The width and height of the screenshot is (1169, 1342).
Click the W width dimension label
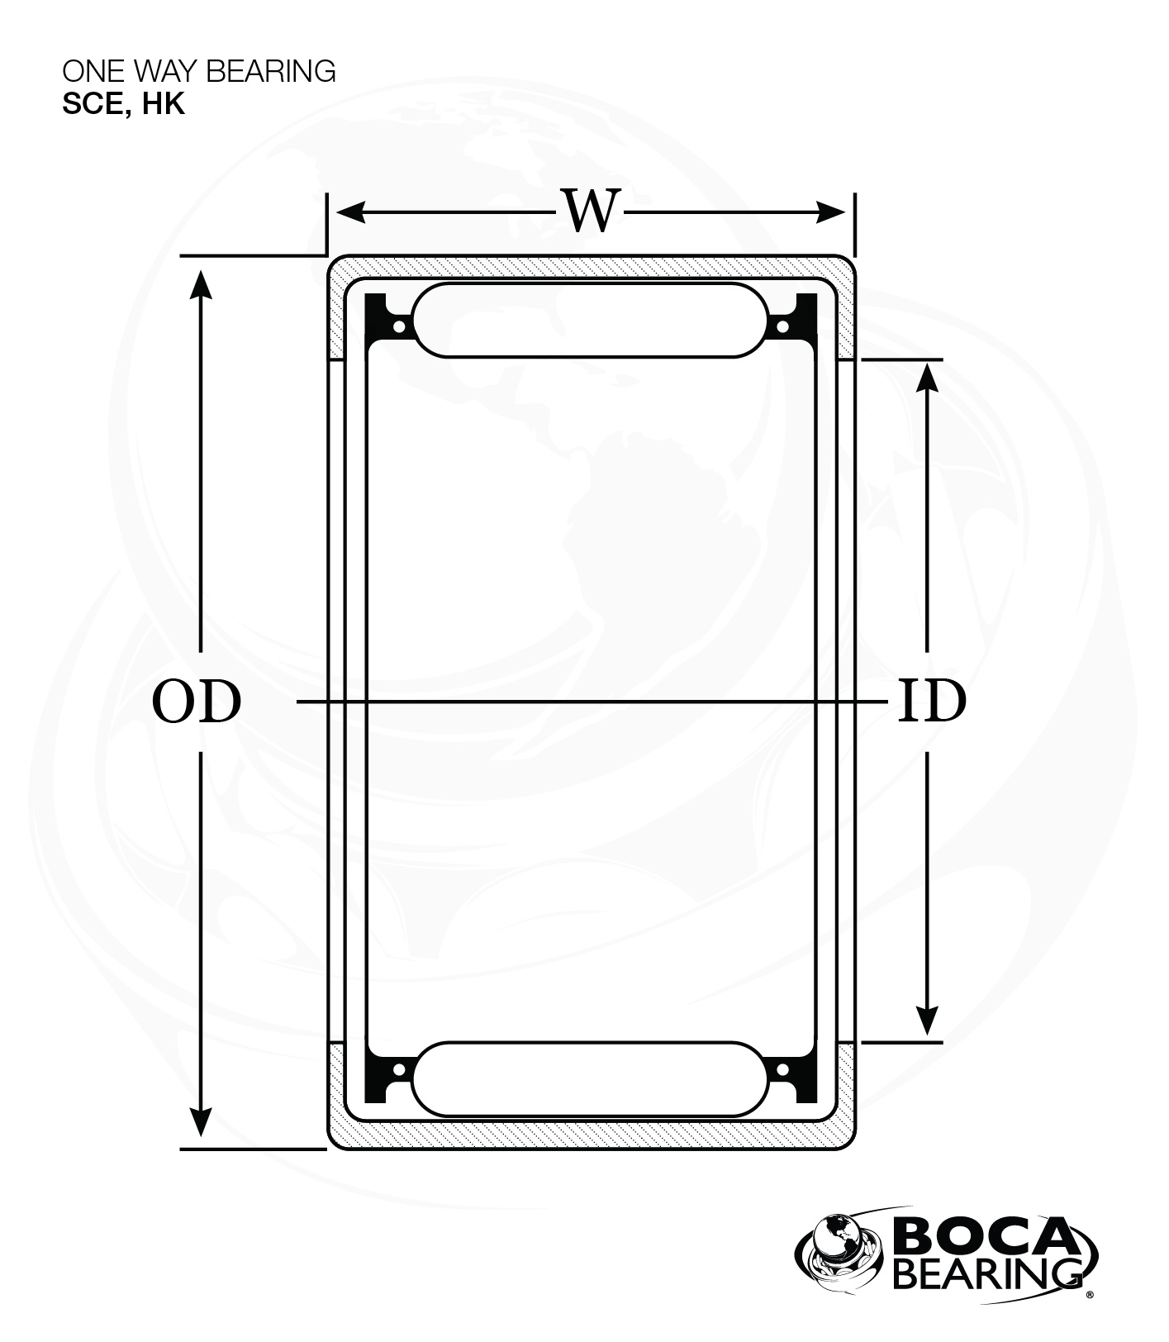pyautogui.click(x=592, y=212)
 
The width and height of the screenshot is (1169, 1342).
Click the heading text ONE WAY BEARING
pyautogui.click(x=199, y=71)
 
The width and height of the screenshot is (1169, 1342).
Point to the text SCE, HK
pyautogui.click(x=123, y=104)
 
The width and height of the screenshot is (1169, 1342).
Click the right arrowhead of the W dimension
pyautogui.click(x=831, y=212)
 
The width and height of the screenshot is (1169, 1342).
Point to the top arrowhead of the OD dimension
pyautogui.click(x=201, y=283)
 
